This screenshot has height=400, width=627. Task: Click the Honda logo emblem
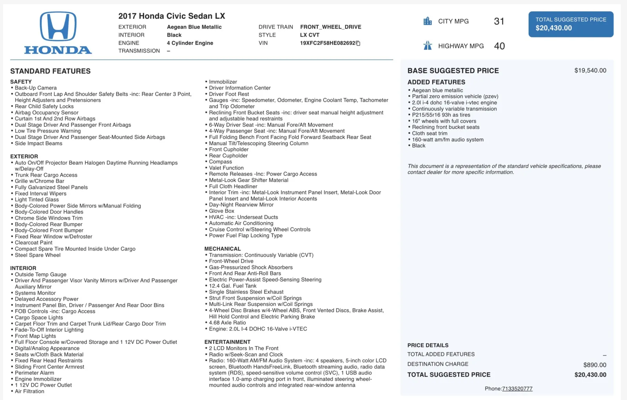point(58,27)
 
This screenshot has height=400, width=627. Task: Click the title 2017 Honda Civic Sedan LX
point(172,16)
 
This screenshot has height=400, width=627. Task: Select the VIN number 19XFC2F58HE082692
point(327,43)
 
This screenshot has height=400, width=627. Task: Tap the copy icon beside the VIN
point(358,43)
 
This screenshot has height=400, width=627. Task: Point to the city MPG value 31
point(499,21)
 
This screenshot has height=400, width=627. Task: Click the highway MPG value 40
point(499,46)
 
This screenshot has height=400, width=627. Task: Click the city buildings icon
point(428,21)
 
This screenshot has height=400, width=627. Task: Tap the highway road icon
point(428,46)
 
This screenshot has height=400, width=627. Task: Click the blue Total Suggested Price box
point(571,24)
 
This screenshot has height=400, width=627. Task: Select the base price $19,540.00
point(590,71)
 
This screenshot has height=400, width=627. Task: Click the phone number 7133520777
point(517,389)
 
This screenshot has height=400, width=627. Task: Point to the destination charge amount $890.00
point(594,365)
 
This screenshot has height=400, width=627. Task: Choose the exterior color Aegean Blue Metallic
point(194,27)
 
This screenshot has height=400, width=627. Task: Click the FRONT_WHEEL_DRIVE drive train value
point(330,27)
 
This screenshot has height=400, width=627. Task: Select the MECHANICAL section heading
point(223,249)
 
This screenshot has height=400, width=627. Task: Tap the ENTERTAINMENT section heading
point(227,342)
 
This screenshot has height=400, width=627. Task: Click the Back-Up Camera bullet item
point(36,88)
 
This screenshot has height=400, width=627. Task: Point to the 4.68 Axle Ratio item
point(227,323)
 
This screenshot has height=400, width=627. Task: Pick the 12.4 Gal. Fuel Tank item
point(232,286)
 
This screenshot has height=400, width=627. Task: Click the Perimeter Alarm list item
point(34,373)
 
